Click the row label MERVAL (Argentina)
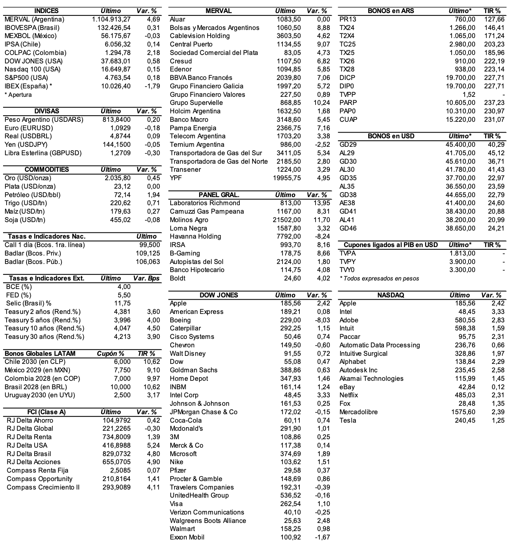34,19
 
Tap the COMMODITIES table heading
47,169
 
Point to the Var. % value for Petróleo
153,195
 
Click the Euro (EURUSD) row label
29,128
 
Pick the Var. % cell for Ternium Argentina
322,144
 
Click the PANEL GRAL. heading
219,195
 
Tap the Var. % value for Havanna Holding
322,236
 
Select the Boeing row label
180,320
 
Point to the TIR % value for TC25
494,44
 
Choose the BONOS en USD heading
391,136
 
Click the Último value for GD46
460,228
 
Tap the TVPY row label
348,262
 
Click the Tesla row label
348,420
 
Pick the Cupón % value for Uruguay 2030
123,395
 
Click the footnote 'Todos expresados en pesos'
379,278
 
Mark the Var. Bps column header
146,278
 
